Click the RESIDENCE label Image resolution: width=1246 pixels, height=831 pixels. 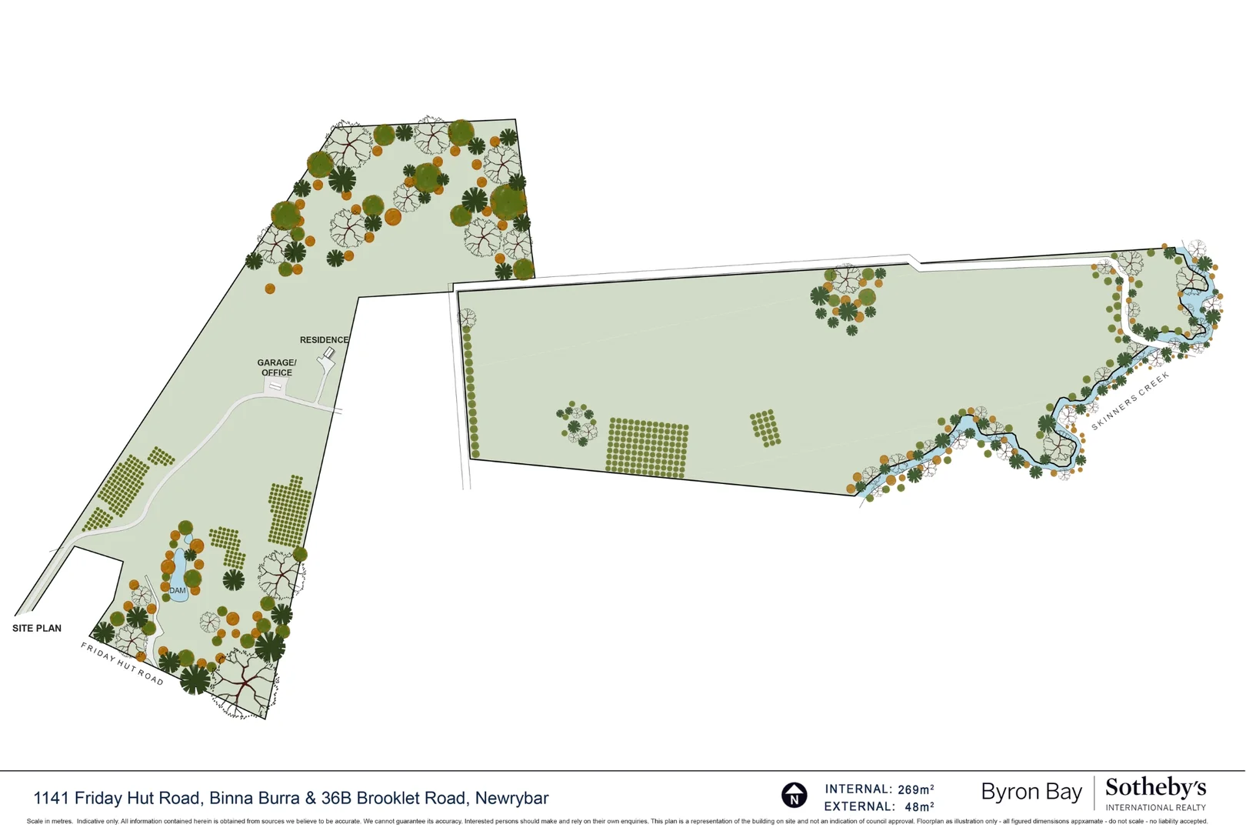click(324, 340)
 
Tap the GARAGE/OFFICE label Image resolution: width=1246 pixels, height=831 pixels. click(277, 368)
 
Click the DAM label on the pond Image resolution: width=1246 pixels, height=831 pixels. click(178, 591)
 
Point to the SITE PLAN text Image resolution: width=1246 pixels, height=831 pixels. click(37, 629)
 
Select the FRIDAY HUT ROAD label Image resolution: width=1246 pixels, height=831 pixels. click(122, 663)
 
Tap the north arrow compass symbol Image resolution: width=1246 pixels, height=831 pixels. click(794, 795)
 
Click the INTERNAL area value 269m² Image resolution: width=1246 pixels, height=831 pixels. click(915, 789)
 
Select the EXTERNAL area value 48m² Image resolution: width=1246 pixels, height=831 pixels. click(919, 807)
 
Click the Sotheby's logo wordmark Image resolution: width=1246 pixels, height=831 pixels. click(1155, 788)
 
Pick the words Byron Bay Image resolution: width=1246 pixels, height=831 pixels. click(1031, 792)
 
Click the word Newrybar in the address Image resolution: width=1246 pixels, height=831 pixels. click(511, 799)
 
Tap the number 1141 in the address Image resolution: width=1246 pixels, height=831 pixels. click(51, 799)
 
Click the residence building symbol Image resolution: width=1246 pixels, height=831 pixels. click(329, 353)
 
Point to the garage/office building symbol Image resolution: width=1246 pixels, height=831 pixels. click(274, 389)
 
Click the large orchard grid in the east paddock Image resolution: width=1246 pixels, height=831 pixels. click(647, 448)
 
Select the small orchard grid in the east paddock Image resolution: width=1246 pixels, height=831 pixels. click(765, 428)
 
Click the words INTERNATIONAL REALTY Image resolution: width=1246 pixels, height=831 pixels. click(1155, 808)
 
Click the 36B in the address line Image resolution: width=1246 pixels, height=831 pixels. click(336, 799)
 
